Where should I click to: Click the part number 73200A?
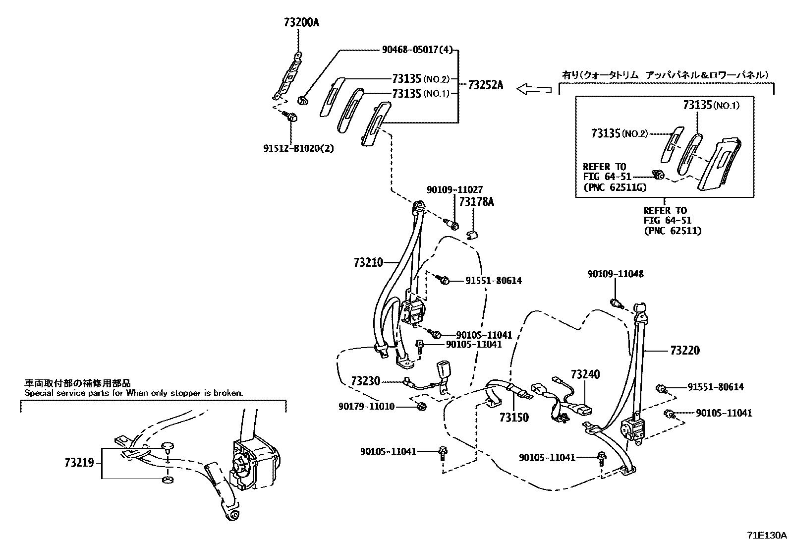tap(302, 22)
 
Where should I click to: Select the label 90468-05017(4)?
tap(417, 50)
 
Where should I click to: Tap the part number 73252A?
tap(485, 85)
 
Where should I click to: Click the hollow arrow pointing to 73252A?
tap(534, 89)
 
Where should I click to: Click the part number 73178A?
tap(476, 202)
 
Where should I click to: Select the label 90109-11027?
tap(454, 189)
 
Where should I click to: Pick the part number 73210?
tap(368, 262)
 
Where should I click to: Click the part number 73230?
tap(365, 381)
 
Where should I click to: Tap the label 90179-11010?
tap(366, 406)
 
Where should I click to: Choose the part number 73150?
tap(514, 418)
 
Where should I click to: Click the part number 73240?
tap(585, 374)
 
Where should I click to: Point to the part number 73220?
tap(684, 351)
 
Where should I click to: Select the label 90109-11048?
tap(616, 274)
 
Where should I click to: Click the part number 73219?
tap(79, 463)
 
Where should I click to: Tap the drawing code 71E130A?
tap(767, 535)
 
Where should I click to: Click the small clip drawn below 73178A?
tap(473, 233)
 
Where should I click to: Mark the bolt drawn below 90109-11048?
tap(616, 303)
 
